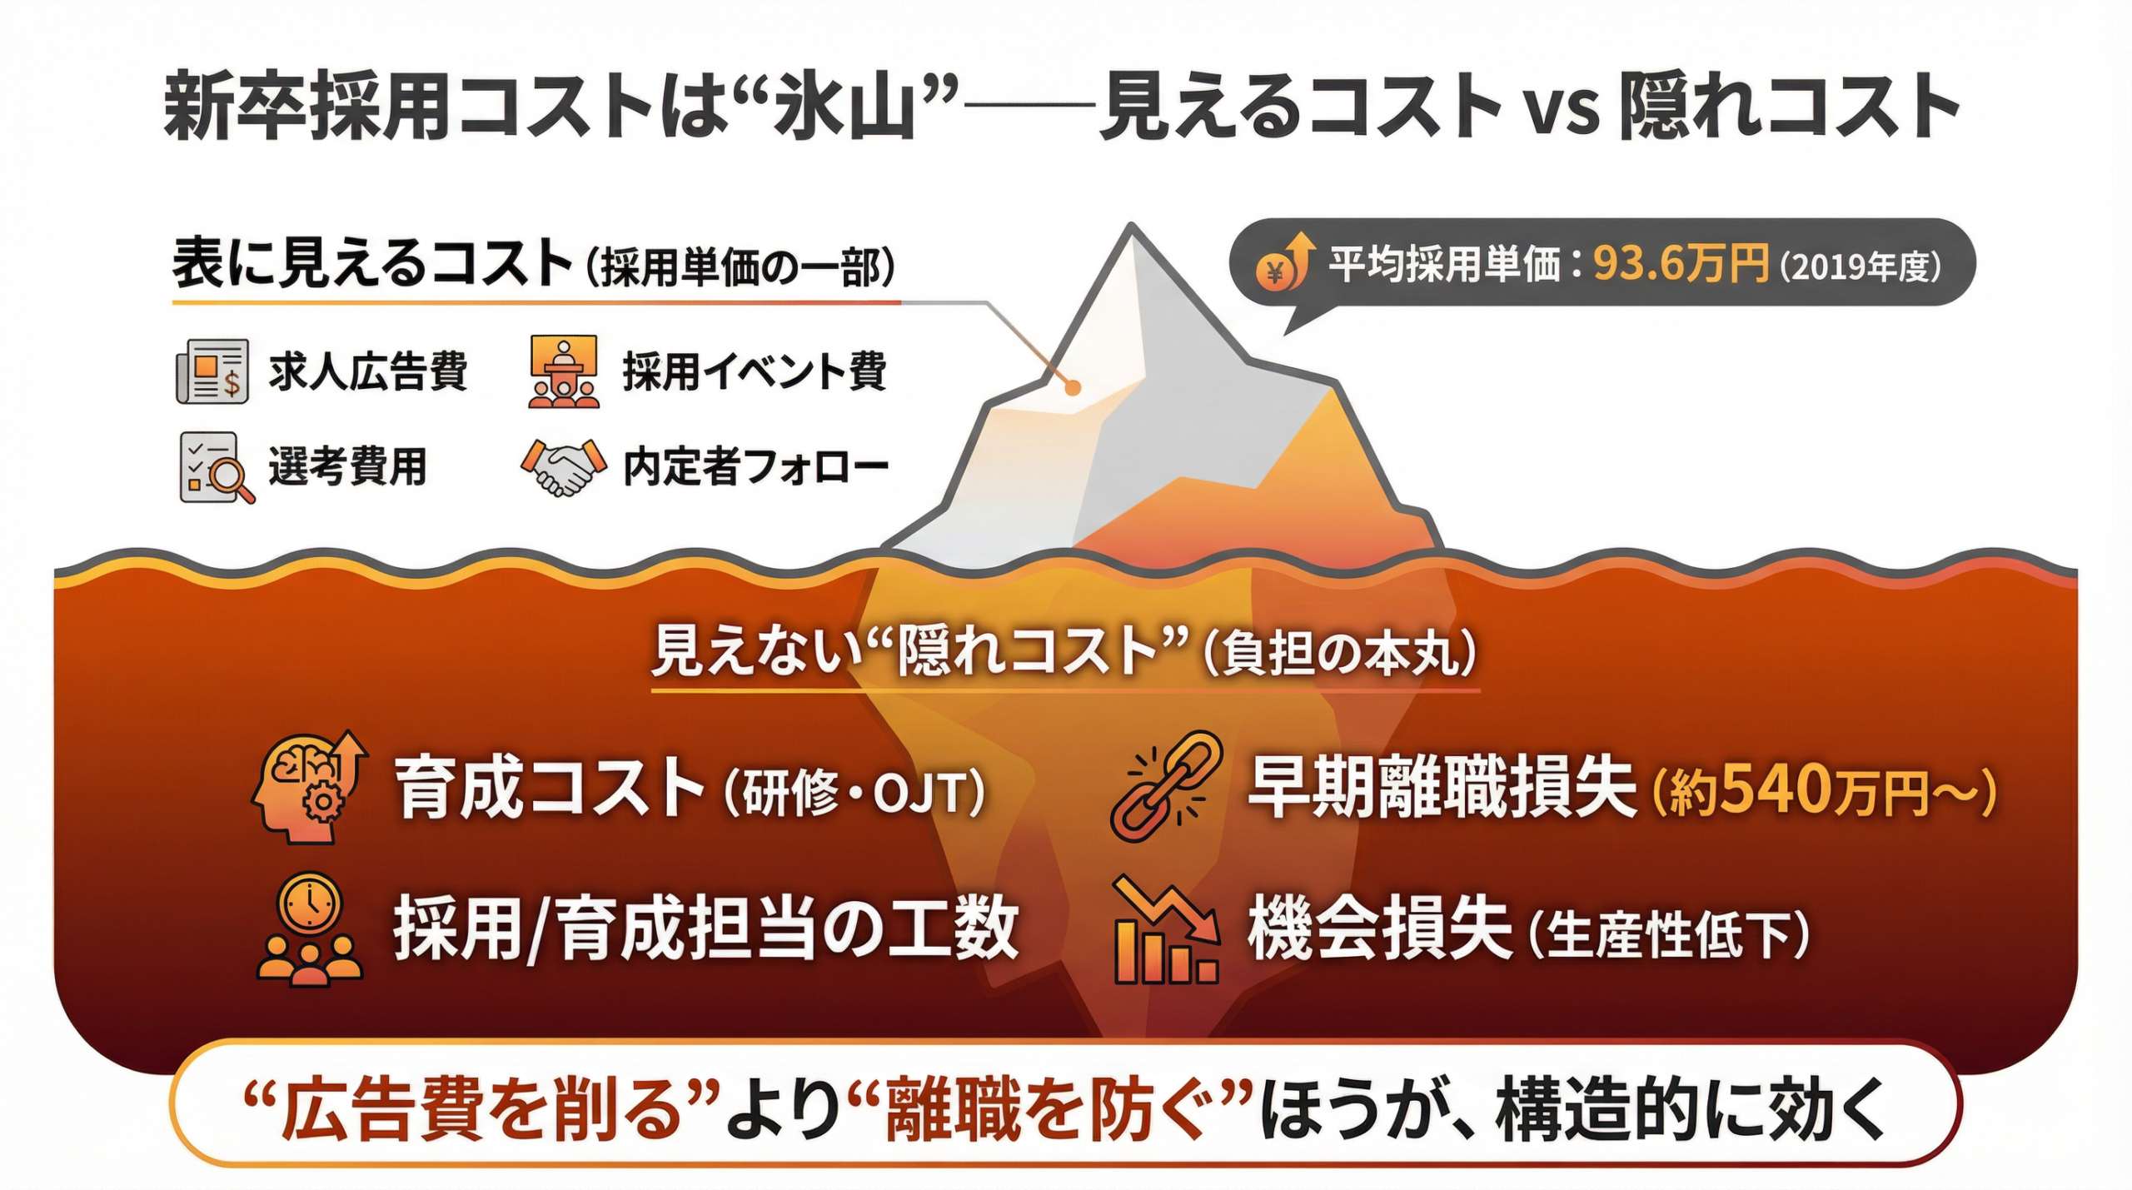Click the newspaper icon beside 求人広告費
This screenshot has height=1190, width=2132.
[x=212, y=371]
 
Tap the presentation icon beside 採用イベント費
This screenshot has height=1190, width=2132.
[x=564, y=371]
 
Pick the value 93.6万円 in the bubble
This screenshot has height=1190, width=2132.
[x=1681, y=264]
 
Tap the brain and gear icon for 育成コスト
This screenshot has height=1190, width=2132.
[x=309, y=786]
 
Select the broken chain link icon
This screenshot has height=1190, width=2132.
[x=1166, y=784]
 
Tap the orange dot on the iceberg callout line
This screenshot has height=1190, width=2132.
[x=1073, y=387]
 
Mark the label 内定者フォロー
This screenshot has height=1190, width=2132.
[x=755, y=467]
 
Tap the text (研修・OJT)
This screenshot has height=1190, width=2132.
[x=854, y=791]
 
